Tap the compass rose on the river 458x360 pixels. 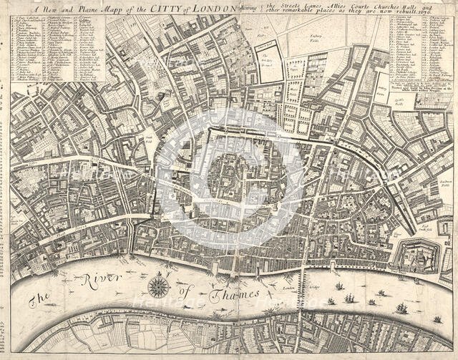point(159,286)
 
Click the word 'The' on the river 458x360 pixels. point(37,301)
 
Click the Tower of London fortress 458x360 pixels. point(417,255)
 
